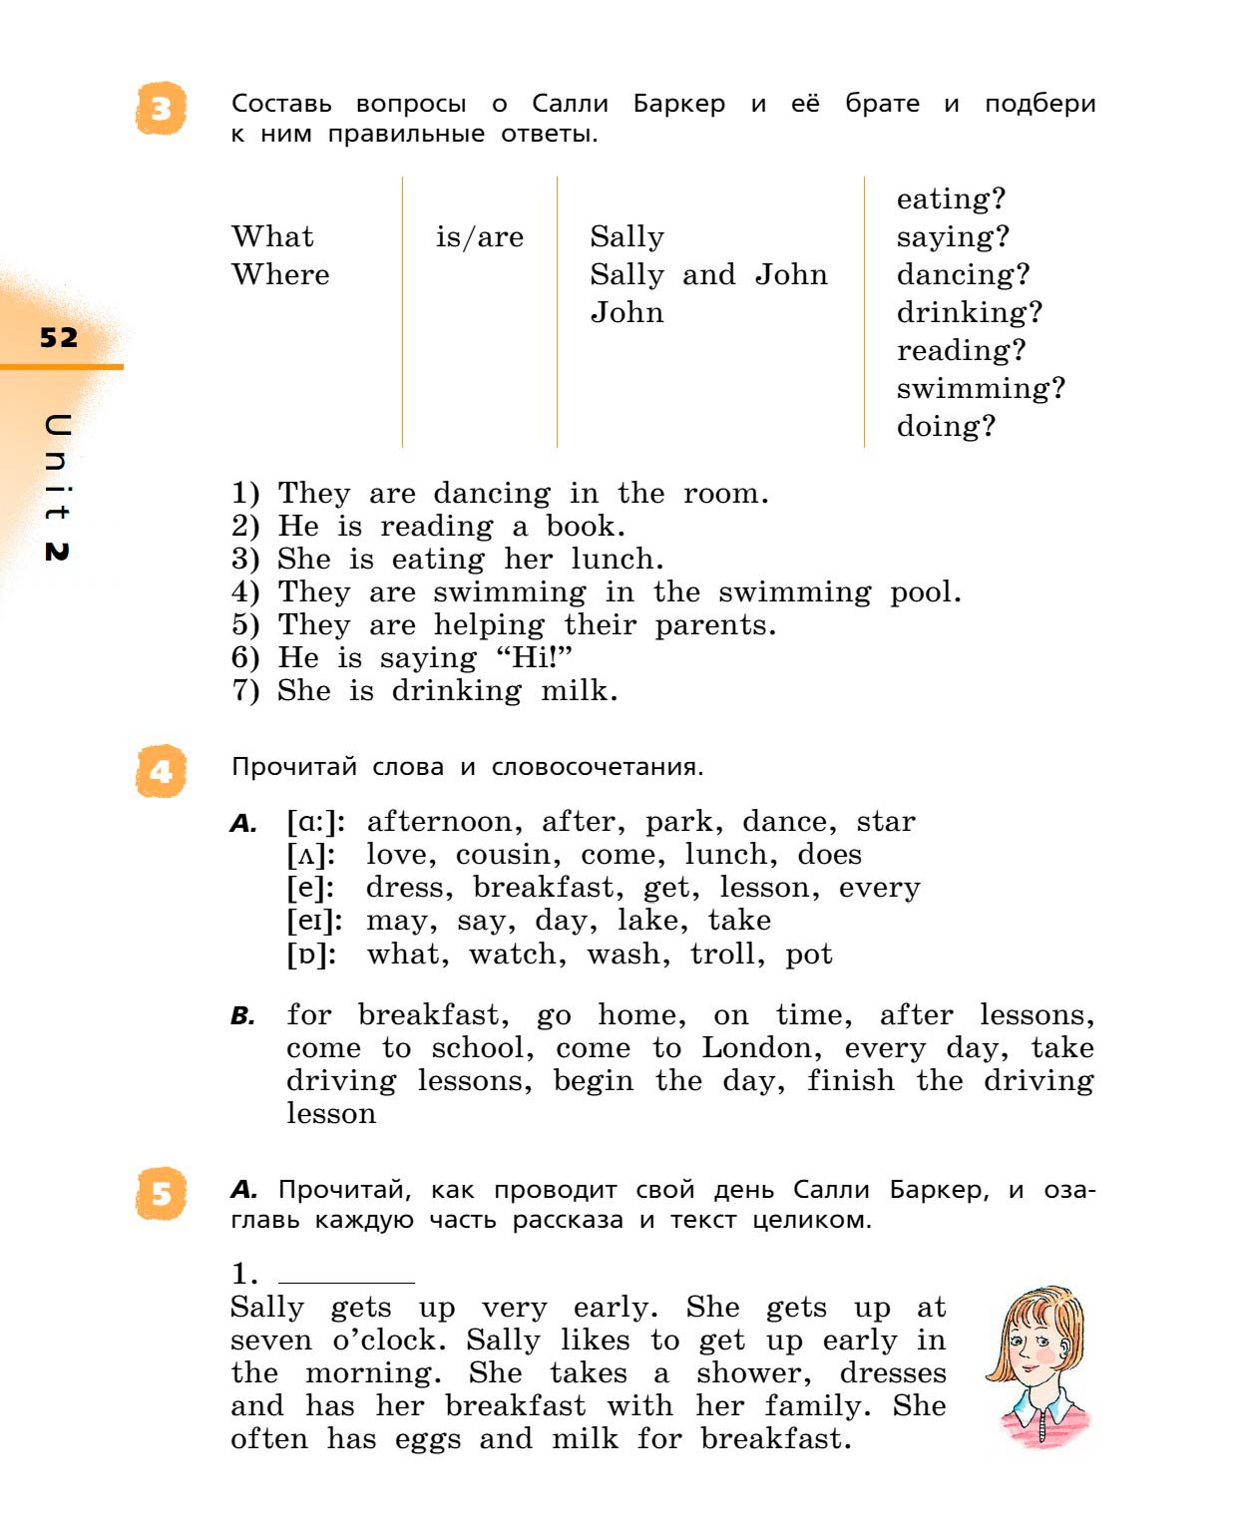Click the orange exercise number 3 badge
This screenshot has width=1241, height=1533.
point(161,109)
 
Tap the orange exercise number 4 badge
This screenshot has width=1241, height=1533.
point(161,771)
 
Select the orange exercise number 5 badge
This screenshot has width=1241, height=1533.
point(161,1193)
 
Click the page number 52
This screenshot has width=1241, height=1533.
point(59,337)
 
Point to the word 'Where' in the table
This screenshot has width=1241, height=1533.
point(280,274)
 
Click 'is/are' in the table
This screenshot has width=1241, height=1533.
point(479,237)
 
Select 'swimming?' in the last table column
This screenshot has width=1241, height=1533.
point(980,388)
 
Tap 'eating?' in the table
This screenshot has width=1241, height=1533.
point(950,199)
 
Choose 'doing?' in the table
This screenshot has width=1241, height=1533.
point(945,426)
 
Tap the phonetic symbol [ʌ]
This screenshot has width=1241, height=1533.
point(311,855)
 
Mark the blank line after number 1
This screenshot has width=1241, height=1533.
point(346,1281)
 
